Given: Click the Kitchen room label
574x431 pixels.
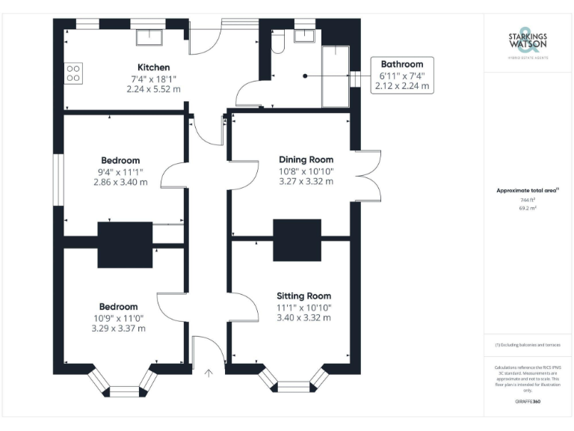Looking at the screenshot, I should click(x=153, y=67).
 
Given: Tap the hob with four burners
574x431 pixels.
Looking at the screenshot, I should click(x=74, y=73).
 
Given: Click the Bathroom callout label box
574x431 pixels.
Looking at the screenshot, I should click(x=402, y=75).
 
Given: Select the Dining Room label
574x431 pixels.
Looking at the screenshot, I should click(x=306, y=159).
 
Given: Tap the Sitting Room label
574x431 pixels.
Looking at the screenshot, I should click(x=303, y=296).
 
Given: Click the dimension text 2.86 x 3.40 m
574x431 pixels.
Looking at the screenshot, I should click(x=120, y=182).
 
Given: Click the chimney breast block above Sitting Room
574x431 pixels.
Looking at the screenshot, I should click(x=297, y=240).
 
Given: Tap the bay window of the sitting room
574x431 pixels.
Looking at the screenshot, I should click(x=292, y=382).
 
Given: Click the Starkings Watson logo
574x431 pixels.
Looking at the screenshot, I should click(x=527, y=43).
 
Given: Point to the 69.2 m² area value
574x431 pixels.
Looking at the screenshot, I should click(x=527, y=209).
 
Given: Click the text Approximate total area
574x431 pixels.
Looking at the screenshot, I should click(x=527, y=191).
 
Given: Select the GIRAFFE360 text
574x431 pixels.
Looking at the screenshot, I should click(x=527, y=403).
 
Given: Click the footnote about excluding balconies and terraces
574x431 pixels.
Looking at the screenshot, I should click(x=527, y=345).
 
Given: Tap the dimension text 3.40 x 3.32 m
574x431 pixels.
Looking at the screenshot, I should click(x=303, y=318).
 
